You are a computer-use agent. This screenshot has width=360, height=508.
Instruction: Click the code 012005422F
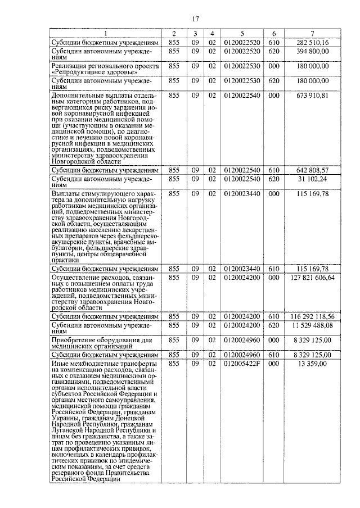tap(242, 364)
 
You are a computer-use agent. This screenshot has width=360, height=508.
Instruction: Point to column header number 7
tap(313, 34)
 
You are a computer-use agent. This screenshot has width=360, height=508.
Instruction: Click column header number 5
tap(242, 34)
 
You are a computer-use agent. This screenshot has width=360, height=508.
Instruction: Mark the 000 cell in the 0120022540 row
tap(273, 96)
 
